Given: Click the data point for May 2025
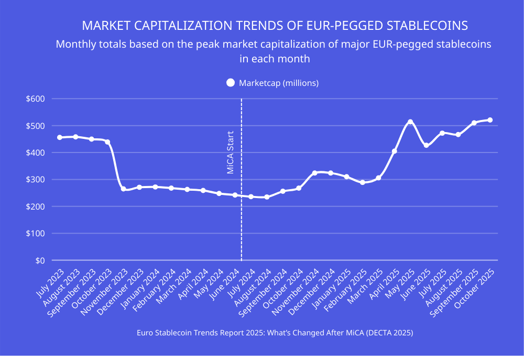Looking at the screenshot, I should point(410,122).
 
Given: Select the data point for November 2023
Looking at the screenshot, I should point(123,189).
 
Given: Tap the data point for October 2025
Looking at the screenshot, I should point(490,120).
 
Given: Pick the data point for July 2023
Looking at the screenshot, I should point(60,137).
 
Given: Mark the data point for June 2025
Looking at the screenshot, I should point(426,145).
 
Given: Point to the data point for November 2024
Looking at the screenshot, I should point(314,173).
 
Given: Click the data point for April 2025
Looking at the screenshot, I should point(394,151).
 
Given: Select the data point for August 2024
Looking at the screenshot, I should point(267,197).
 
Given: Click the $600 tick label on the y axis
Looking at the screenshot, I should point(36,99).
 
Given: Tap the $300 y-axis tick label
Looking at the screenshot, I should point(36,180).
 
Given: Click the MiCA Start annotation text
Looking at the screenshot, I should point(230,152).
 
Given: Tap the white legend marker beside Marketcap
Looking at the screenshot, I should point(230,83).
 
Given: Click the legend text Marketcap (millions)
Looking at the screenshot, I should point(279,83).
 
